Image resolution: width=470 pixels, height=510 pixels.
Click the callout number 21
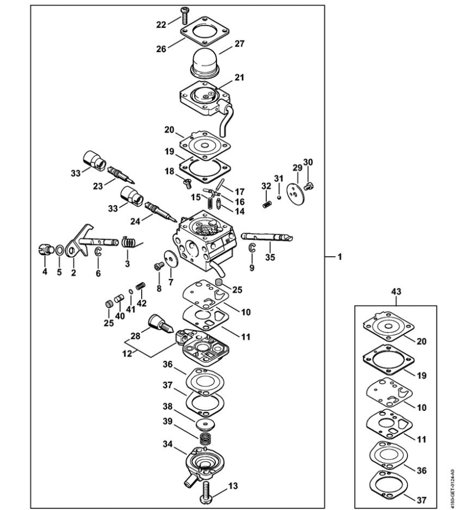(x=239, y=78)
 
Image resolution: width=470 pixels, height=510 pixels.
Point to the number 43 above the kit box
(x=397, y=290)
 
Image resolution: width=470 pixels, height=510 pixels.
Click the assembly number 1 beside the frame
(x=340, y=257)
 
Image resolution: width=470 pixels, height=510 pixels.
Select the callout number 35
(x=270, y=257)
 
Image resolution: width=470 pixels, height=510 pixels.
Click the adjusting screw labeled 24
(x=158, y=210)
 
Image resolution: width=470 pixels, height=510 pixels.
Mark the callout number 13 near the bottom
(x=233, y=486)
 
